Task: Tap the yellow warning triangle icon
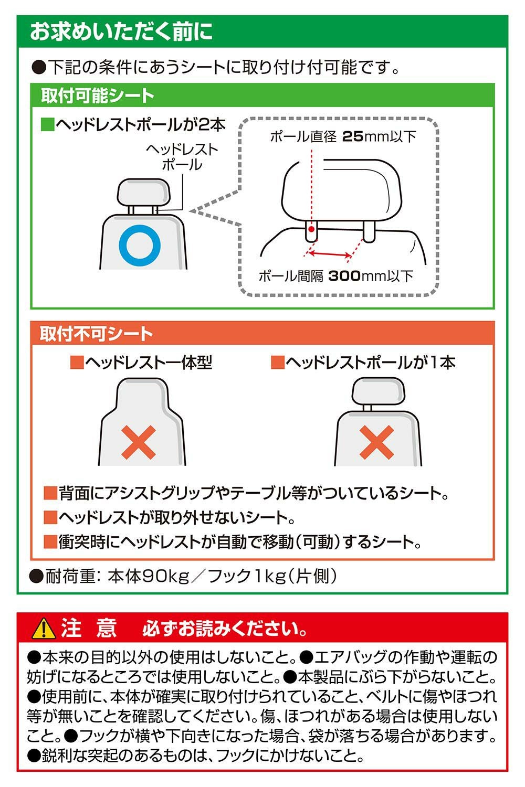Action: point(43,629)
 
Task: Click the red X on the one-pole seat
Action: point(376,442)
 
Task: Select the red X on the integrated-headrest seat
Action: point(139,442)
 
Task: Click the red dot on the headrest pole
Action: point(311,229)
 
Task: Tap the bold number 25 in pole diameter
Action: point(353,136)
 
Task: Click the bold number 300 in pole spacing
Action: point(344,276)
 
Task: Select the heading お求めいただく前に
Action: point(122,31)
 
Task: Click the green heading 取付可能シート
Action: point(98,96)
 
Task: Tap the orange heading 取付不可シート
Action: point(96,333)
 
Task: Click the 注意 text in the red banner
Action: point(89,629)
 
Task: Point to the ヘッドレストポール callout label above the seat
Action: point(182,157)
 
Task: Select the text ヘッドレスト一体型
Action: point(149,362)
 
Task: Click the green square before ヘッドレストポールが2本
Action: point(47,124)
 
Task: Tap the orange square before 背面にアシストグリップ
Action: point(50,493)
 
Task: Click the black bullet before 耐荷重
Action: point(36,577)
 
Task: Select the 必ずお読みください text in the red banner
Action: point(224,629)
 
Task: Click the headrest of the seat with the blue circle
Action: point(143,192)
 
